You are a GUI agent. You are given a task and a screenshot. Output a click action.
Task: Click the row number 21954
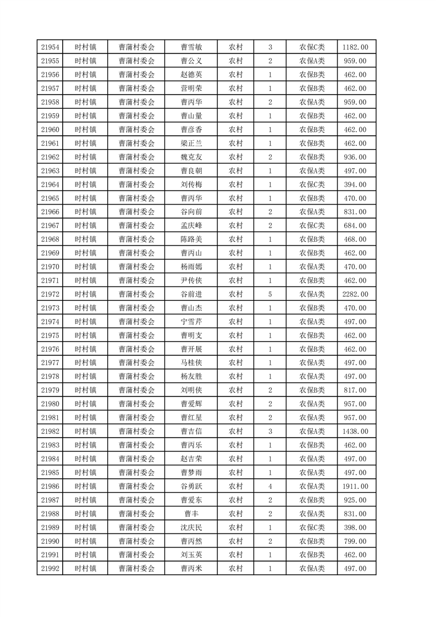[49, 47]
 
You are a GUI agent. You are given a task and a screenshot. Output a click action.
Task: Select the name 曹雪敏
[192, 47]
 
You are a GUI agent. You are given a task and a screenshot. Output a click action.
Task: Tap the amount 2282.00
[355, 294]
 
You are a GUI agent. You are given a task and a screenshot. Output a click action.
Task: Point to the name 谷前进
[192, 294]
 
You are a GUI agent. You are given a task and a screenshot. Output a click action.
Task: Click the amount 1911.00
[355, 486]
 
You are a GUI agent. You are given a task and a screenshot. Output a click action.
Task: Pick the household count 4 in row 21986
[270, 486]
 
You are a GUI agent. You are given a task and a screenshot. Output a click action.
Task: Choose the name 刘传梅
[192, 185]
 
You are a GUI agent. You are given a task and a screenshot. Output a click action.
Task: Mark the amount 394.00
[355, 185]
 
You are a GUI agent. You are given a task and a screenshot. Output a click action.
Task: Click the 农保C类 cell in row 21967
[312, 225]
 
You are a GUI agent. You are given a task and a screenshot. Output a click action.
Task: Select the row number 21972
[49, 294]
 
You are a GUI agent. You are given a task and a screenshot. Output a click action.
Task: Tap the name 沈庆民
[192, 527]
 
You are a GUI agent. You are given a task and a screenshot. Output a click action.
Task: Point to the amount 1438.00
[355, 432]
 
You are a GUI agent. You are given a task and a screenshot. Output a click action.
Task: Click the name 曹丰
[192, 514]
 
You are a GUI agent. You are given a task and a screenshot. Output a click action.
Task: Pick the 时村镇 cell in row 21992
[85, 569]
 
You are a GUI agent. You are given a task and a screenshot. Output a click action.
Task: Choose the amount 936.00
[355, 157]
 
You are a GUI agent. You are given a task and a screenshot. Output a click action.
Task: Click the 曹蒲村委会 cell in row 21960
[137, 130]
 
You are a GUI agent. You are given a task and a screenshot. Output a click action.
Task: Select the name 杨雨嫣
[192, 267]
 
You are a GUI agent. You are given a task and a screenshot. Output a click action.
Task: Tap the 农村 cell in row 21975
[236, 335]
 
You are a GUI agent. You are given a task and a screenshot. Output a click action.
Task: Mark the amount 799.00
[355, 541]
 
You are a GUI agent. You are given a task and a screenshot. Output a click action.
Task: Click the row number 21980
[49, 404]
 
